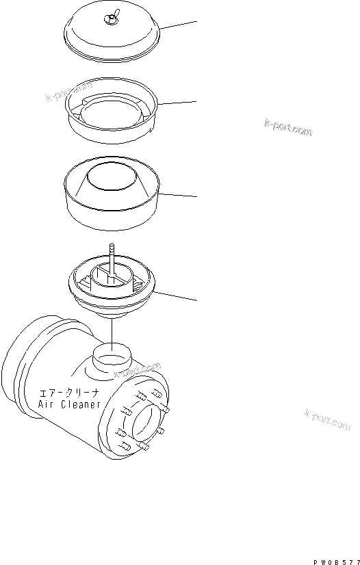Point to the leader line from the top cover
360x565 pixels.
point(179,25)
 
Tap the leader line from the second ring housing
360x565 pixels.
point(179,103)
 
